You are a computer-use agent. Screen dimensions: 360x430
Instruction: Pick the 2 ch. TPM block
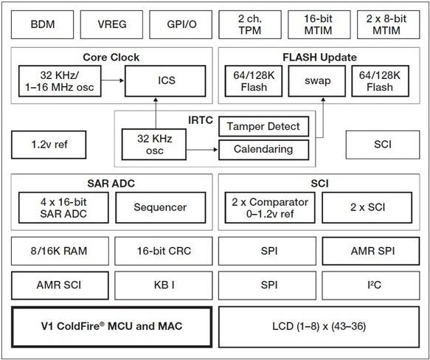click(249, 24)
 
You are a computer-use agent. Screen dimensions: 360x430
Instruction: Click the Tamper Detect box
click(263, 126)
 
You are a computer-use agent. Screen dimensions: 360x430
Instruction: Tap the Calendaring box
click(263, 148)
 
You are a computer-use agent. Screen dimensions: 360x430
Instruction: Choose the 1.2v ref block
click(49, 145)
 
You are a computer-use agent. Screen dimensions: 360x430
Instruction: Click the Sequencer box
click(160, 207)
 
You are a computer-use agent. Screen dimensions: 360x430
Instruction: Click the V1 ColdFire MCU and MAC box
click(110, 325)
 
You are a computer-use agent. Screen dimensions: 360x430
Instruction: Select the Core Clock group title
click(111, 57)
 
